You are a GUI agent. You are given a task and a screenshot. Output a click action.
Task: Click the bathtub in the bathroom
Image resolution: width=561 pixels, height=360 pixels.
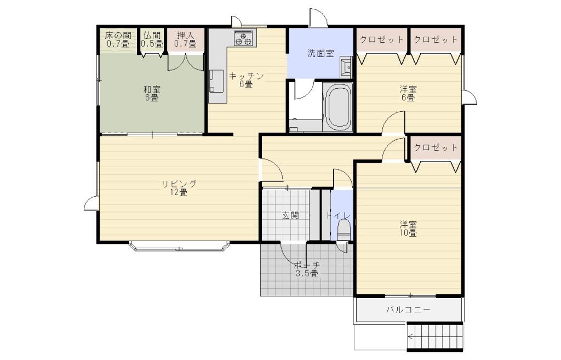337,107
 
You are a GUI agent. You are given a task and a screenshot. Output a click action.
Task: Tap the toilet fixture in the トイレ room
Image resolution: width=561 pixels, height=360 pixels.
344,230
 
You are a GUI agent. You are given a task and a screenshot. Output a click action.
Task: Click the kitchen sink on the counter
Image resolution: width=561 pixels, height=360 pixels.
216,81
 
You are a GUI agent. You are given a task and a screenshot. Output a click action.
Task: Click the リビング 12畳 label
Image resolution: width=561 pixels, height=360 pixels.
179,188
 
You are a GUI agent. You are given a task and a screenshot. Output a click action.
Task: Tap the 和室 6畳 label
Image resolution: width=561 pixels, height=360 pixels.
152,93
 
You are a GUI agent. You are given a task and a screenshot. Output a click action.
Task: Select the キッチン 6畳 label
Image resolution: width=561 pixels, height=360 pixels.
246,80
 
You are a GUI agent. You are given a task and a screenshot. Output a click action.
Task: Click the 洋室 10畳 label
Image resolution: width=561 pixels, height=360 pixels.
408,228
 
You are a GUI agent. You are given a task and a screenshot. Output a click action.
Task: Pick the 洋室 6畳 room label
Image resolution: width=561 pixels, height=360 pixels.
408,93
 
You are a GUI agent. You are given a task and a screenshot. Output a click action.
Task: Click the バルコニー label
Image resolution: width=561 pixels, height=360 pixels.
408,310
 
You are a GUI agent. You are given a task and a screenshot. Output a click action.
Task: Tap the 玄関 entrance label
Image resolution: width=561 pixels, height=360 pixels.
290,215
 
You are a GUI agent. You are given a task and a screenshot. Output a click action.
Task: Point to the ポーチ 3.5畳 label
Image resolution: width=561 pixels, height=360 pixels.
307,270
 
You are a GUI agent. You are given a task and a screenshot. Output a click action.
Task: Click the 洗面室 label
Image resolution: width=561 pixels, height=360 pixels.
320,53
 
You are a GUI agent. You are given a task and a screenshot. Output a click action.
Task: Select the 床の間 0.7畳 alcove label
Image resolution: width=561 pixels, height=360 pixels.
118,39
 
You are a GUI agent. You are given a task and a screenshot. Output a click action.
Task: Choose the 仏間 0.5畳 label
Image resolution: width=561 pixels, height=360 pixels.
152,39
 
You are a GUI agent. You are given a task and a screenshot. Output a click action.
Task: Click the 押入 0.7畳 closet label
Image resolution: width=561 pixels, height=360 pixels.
185,39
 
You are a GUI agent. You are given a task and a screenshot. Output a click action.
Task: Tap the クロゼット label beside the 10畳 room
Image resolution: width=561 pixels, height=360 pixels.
436,147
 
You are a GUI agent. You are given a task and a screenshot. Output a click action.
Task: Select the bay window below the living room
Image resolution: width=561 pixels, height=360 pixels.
179,246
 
